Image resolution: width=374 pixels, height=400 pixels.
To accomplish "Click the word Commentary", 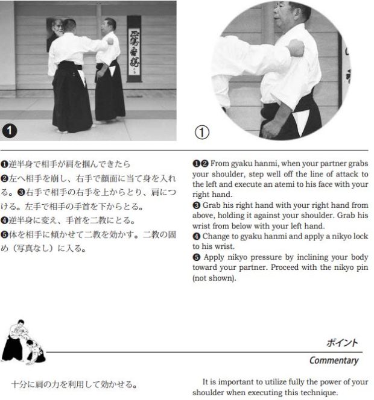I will coord(334,361).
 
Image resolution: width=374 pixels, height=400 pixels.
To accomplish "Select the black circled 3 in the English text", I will coord(197,205).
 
